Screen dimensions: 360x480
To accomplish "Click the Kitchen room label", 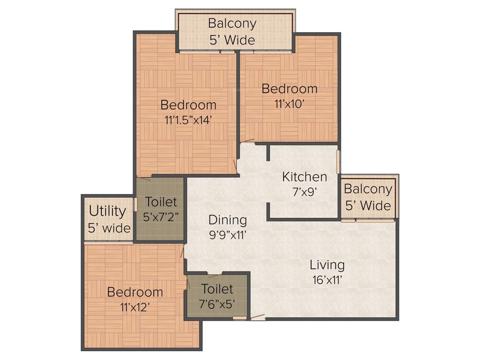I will point(305,177).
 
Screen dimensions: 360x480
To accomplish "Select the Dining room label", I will point(227,219).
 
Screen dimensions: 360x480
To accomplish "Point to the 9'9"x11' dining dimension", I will point(227,234).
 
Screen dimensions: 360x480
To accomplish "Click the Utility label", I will point(107,211).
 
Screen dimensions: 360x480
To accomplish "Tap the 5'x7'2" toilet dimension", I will point(160,217).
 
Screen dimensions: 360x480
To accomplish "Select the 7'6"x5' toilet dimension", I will point(217,303).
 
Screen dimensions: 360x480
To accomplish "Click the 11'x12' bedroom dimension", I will point(135,307).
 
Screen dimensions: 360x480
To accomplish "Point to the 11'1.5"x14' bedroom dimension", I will point(188,120).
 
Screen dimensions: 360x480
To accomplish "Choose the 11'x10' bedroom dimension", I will point(289,104).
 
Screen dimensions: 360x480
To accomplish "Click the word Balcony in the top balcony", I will point(232,23).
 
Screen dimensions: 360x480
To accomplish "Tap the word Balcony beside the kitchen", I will point(368,189).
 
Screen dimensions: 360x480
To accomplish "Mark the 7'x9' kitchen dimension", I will point(305,192).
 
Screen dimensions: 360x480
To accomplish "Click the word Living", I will point(327,265).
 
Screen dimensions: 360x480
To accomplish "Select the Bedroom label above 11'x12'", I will point(135,292).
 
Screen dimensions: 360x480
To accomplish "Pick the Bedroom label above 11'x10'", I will point(289,88).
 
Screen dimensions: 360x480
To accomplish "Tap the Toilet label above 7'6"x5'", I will point(217,289).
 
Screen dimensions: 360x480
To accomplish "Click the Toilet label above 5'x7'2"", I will point(161,202).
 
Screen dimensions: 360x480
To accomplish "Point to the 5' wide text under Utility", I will point(109,228).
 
